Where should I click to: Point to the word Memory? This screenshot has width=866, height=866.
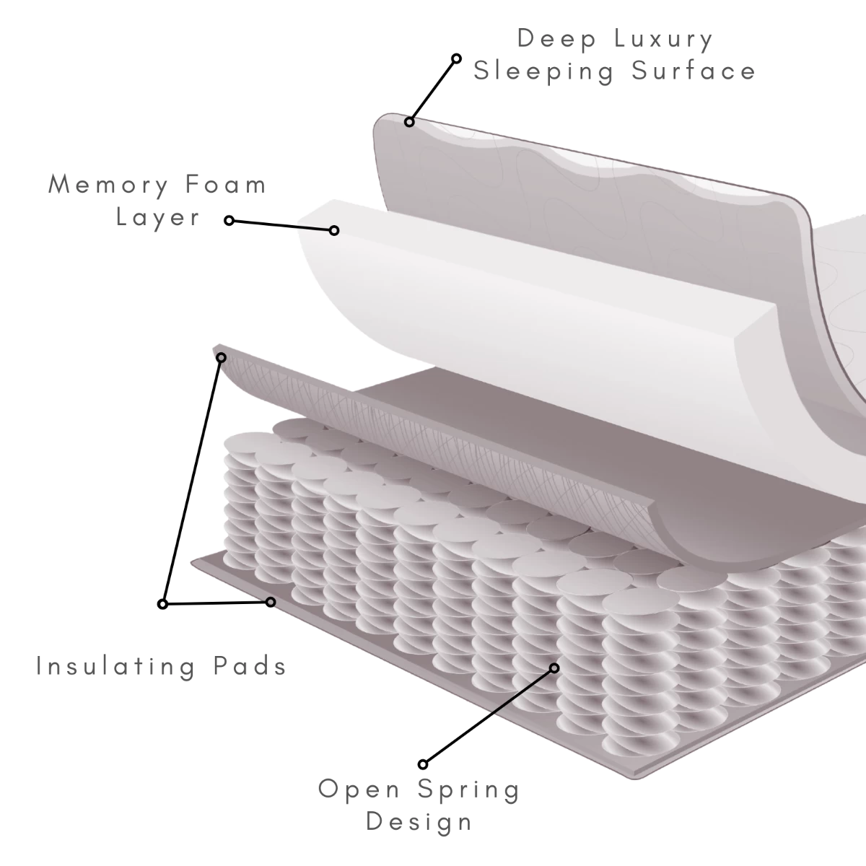tap(107, 185)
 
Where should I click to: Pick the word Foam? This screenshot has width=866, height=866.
tap(225, 185)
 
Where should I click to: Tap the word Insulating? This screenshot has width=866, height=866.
tap(115, 666)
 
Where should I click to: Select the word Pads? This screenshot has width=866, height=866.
tap(249, 666)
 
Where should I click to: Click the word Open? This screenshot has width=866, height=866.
tap(359, 790)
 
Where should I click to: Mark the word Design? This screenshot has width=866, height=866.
tap(419, 821)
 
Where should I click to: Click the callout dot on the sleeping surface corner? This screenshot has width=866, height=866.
tap(409, 122)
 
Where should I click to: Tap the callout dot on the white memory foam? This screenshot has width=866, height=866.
tap(334, 230)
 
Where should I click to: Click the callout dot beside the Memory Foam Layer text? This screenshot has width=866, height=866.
tap(229, 220)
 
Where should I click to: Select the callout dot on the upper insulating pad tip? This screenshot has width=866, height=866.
tap(222, 357)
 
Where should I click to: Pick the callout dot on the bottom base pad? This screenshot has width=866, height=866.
tap(271, 602)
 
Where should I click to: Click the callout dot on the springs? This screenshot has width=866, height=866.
tap(554, 668)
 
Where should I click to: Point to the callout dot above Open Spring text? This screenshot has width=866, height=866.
tap(424, 764)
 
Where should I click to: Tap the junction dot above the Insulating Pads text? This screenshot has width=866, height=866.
tap(163, 604)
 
